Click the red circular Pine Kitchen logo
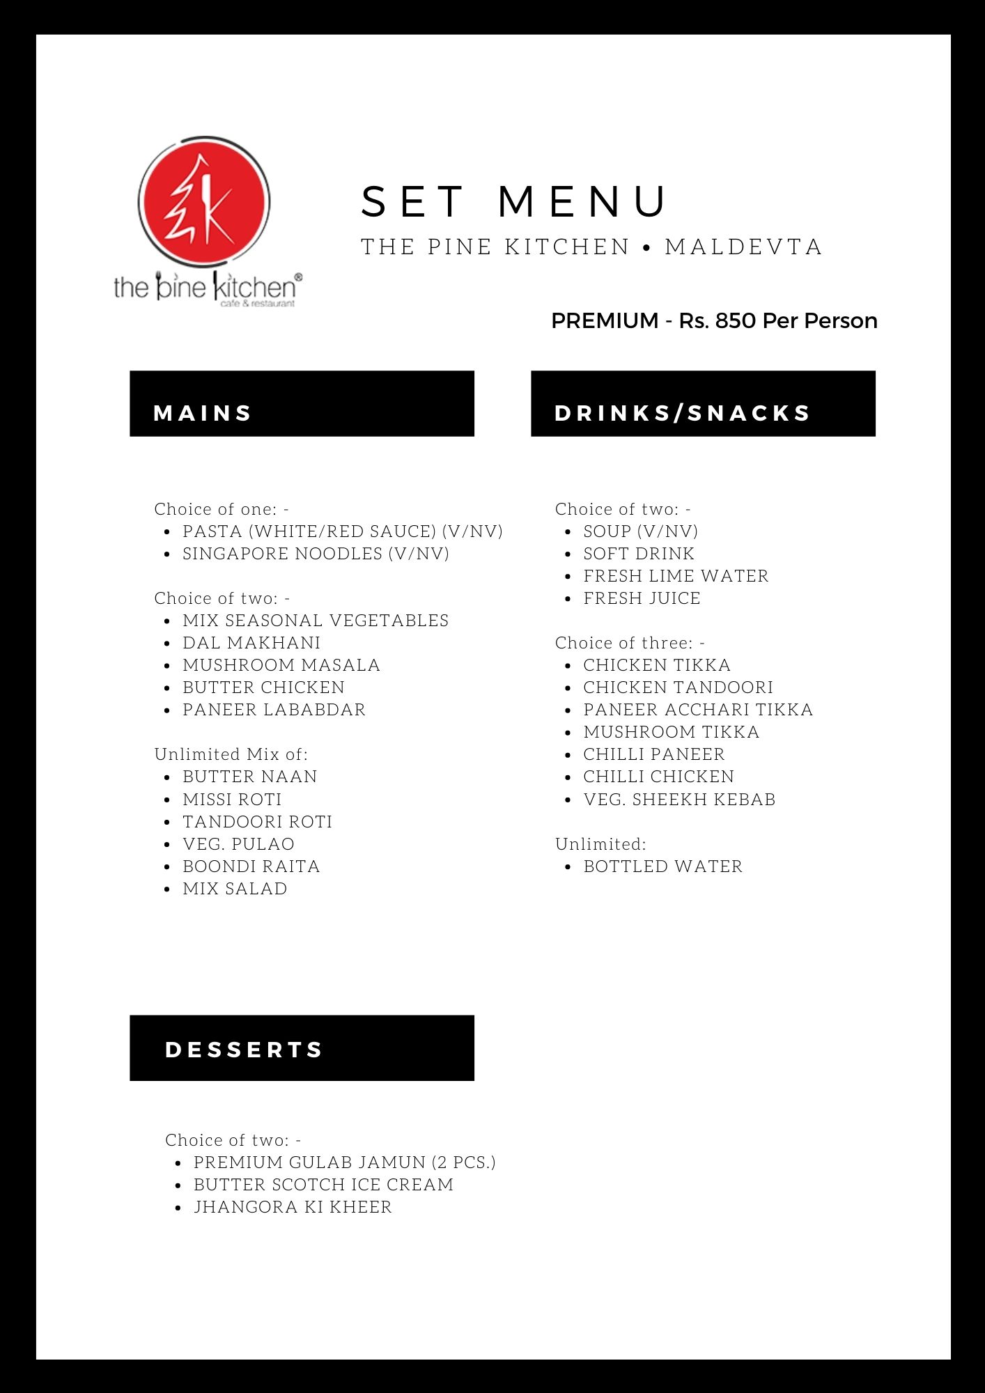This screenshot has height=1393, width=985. click(x=203, y=202)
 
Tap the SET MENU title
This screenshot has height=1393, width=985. click(x=514, y=201)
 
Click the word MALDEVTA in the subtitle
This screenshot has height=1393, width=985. click(x=743, y=247)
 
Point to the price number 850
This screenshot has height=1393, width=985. click(x=736, y=321)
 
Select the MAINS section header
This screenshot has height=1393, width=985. click(x=203, y=413)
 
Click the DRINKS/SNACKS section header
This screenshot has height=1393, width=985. click(x=683, y=413)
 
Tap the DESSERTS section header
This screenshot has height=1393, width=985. click(x=245, y=1050)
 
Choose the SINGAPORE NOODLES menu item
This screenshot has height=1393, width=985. click(x=316, y=554)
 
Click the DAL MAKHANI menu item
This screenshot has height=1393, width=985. click(x=251, y=643)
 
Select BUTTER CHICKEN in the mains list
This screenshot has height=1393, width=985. click(x=263, y=687)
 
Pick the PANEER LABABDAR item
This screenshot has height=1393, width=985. click(x=274, y=710)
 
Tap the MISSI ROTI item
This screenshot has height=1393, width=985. click(x=232, y=800)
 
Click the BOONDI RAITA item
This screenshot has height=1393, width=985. click(x=251, y=866)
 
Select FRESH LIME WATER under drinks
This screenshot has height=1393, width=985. click(x=676, y=576)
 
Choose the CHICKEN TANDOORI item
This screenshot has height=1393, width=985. click(x=678, y=687)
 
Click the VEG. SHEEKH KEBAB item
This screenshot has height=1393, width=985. click(x=679, y=800)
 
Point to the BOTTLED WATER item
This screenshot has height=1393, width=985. click(x=663, y=866)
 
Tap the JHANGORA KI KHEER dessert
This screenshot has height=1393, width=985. click(x=293, y=1207)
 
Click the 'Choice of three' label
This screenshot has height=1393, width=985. click(x=630, y=643)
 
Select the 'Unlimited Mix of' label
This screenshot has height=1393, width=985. click(x=231, y=754)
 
